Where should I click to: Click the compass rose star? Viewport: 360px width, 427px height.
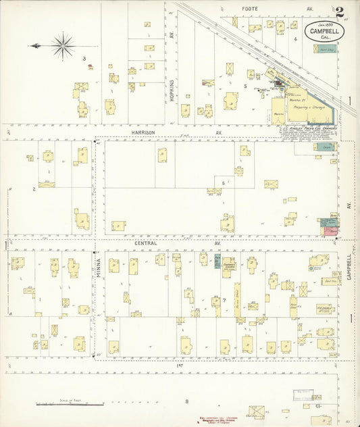pos(63,45)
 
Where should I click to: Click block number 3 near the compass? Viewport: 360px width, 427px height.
pos(84,58)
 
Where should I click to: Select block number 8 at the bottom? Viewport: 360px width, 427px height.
pos(186,401)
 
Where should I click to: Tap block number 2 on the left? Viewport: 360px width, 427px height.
pos(34,189)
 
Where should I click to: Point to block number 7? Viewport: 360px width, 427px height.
pos(223,299)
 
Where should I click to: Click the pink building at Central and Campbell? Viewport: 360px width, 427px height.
pos(330,230)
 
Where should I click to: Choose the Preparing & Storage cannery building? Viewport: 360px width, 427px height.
pos(311,107)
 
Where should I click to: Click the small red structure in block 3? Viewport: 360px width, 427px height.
pos(90,66)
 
